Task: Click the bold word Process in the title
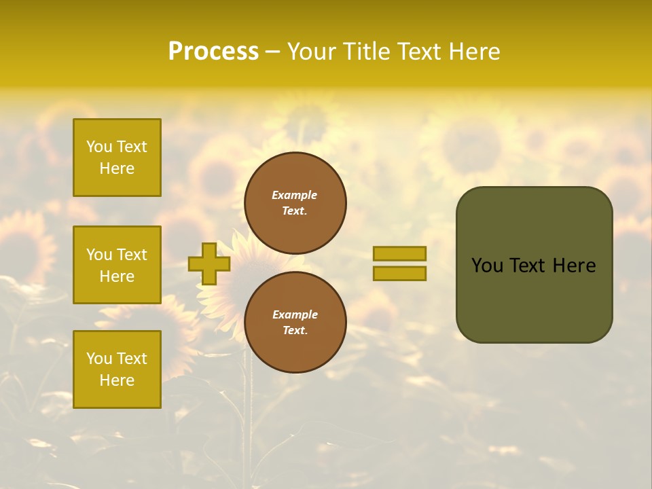pyautogui.click(x=213, y=52)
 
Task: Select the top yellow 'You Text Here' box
pyautogui.click(x=117, y=158)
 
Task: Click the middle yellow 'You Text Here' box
pyautogui.click(x=117, y=265)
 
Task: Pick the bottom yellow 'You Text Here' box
pyautogui.click(x=117, y=369)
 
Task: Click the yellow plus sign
pyautogui.click(x=209, y=264)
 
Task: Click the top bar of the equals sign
pyautogui.click(x=399, y=253)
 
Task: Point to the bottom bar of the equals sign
pyautogui.click(x=399, y=273)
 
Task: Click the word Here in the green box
pyautogui.click(x=574, y=266)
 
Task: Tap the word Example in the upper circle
pyautogui.click(x=295, y=195)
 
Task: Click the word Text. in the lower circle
pyautogui.click(x=295, y=331)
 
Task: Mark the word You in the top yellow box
pyautogui.click(x=99, y=147)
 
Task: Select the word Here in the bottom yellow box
pyautogui.click(x=117, y=380)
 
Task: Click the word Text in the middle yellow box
pyautogui.click(x=132, y=255)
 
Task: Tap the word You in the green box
pyautogui.click(x=487, y=266)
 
